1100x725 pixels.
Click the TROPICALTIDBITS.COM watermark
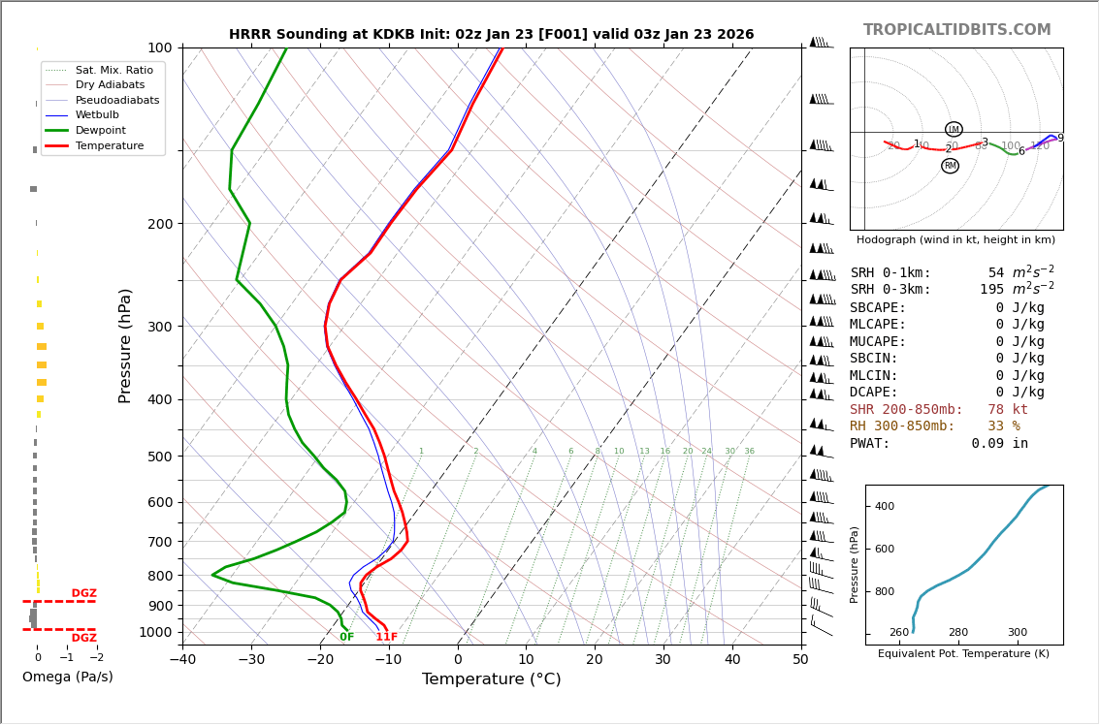tap(956, 30)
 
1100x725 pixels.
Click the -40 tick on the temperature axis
tap(182, 660)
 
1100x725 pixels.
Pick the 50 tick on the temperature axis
tap(800, 660)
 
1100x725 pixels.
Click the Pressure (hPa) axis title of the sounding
tap(126, 345)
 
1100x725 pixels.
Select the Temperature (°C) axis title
tap(491, 679)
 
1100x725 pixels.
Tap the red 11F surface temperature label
tap(386, 638)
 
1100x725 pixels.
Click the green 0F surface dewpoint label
tap(346, 638)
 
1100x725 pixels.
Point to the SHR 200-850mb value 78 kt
tap(1007, 410)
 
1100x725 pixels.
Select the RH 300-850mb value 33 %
tap(1003, 426)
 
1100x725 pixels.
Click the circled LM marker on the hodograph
tap(954, 129)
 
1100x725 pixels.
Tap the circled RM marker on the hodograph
tap(950, 166)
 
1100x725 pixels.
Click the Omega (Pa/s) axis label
tap(68, 678)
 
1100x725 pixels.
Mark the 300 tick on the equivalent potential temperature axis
tap(1017, 633)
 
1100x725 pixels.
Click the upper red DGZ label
tap(84, 593)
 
